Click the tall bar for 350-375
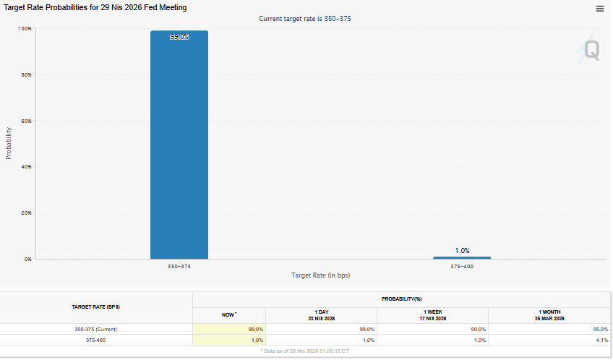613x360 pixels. (179, 145)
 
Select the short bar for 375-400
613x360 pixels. (462, 257)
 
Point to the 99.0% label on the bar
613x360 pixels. (179, 37)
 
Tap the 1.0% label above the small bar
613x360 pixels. (462, 251)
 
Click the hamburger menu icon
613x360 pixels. (599, 9)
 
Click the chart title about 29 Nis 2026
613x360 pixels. (96, 7)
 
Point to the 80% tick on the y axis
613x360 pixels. (25, 74)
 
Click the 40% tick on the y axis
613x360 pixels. (25, 167)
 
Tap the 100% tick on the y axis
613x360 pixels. (25, 28)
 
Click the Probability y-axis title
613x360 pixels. (9, 143)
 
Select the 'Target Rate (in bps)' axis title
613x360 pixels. (320, 275)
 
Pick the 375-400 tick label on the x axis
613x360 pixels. (462, 266)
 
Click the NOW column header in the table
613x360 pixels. (229, 314)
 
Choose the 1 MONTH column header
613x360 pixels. (549, 315)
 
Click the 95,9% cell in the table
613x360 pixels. (599, 329)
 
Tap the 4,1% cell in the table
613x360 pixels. (601, 340)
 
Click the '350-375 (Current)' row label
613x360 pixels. (96, 329)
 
